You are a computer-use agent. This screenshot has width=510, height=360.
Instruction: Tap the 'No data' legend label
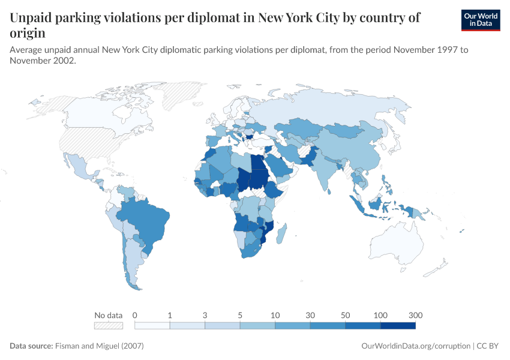click(x=108, y=315)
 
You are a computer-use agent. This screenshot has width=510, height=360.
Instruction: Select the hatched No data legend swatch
click(x=108, y=326)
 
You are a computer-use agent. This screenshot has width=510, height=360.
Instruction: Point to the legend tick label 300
click(x=415, y=315)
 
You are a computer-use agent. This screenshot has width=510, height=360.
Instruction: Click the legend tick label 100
click(x=380, y=315)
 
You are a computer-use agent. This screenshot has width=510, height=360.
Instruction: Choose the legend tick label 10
click(x=275, y=315)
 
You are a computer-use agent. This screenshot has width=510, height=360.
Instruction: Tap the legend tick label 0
click(x=135, y=315)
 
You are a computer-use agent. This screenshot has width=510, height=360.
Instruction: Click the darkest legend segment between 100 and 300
click(x=398, y=326)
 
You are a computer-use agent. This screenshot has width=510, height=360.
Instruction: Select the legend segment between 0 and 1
click(x=152, y=326)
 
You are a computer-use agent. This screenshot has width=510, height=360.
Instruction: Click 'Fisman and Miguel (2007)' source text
click(x=99, y=346)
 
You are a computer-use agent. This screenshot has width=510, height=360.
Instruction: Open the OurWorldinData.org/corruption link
click(x=416, y=346)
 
